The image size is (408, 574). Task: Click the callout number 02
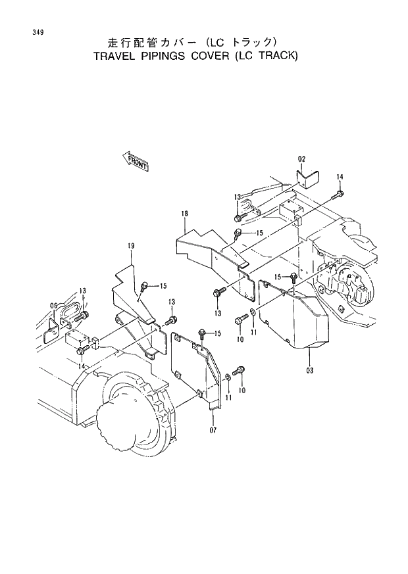(301, 159)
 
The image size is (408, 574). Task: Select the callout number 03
(309, 370)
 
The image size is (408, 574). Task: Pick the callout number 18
(185, 214)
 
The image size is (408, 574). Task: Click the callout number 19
(131, 246)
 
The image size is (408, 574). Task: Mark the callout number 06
(54, 304)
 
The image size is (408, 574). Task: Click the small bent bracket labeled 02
(307, 178)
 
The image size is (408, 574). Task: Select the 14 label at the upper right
(340, 177)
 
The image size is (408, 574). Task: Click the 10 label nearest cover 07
(242, 390)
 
